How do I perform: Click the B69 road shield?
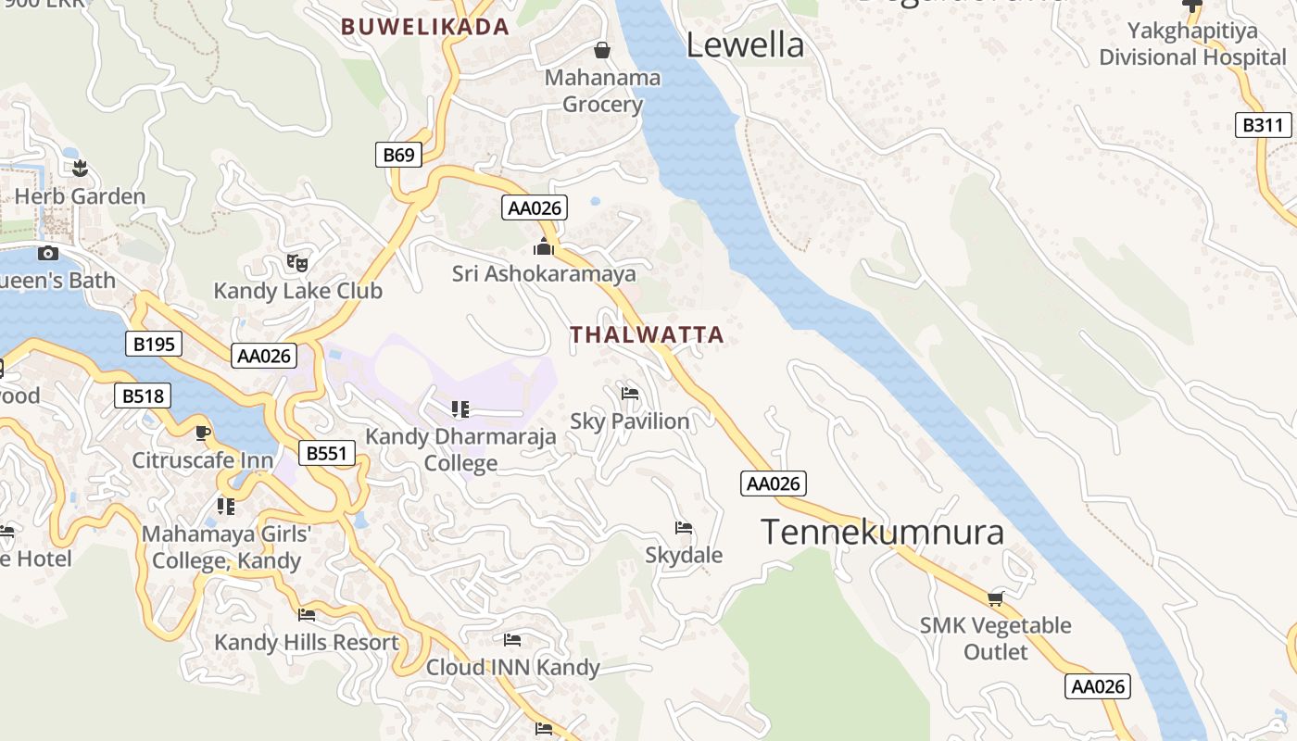398,155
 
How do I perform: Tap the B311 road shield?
1264,125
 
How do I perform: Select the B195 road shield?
154,345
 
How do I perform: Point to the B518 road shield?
143,396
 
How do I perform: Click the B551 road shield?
327,453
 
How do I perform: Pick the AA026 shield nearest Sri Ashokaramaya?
535,207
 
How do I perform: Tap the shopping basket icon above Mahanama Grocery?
602,49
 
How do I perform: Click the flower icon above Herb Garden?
80,168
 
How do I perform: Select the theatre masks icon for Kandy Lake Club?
296,262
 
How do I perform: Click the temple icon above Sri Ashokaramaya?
544,246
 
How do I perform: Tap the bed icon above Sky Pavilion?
630,394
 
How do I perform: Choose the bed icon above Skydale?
684,528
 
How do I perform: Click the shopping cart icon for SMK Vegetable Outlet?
995,598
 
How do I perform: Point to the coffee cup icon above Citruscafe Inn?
203,433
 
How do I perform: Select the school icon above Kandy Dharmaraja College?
460,408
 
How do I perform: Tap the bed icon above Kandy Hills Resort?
307,614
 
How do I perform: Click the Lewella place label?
745,44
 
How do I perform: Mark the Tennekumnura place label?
882,532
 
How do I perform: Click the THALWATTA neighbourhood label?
646,335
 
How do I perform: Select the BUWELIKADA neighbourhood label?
425,27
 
